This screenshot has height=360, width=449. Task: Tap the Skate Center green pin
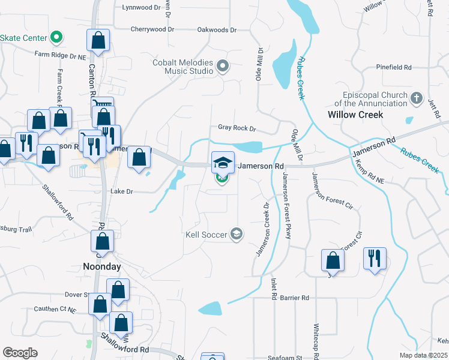[56, 38]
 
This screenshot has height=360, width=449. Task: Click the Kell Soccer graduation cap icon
[237, 233]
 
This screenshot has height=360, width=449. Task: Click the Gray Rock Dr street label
[237, 128]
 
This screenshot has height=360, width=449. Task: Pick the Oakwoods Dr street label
[217, 29]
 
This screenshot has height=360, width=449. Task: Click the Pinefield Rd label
[393, 67]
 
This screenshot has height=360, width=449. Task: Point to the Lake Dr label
[121, 191]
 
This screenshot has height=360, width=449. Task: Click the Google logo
[20, 353]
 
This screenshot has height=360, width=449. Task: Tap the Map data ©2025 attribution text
[424, 355]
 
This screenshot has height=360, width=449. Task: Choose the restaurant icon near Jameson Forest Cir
[375, 259]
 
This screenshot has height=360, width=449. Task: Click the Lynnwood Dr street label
[142, 8]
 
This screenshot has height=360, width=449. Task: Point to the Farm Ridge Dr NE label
[60, 55]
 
